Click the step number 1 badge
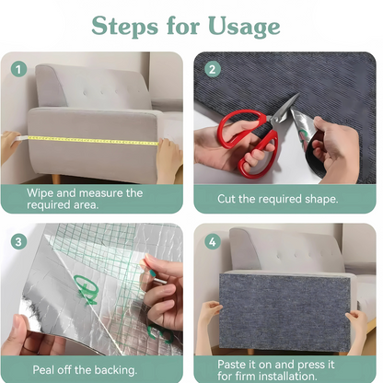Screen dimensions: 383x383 18,69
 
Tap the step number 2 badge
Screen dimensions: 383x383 213,69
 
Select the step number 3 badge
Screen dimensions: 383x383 18,241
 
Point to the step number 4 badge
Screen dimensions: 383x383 213,241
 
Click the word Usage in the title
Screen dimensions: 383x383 244,27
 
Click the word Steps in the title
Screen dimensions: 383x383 125,27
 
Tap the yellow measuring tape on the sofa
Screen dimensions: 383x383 93,141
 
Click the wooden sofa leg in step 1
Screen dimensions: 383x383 56,179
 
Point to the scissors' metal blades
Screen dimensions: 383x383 284,109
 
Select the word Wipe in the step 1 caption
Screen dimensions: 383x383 40,193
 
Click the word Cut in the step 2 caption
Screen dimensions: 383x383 226,199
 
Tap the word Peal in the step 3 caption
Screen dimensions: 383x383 43,369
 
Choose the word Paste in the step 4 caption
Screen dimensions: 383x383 231,365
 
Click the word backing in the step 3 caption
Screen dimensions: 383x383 118,370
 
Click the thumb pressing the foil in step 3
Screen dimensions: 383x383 21,325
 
